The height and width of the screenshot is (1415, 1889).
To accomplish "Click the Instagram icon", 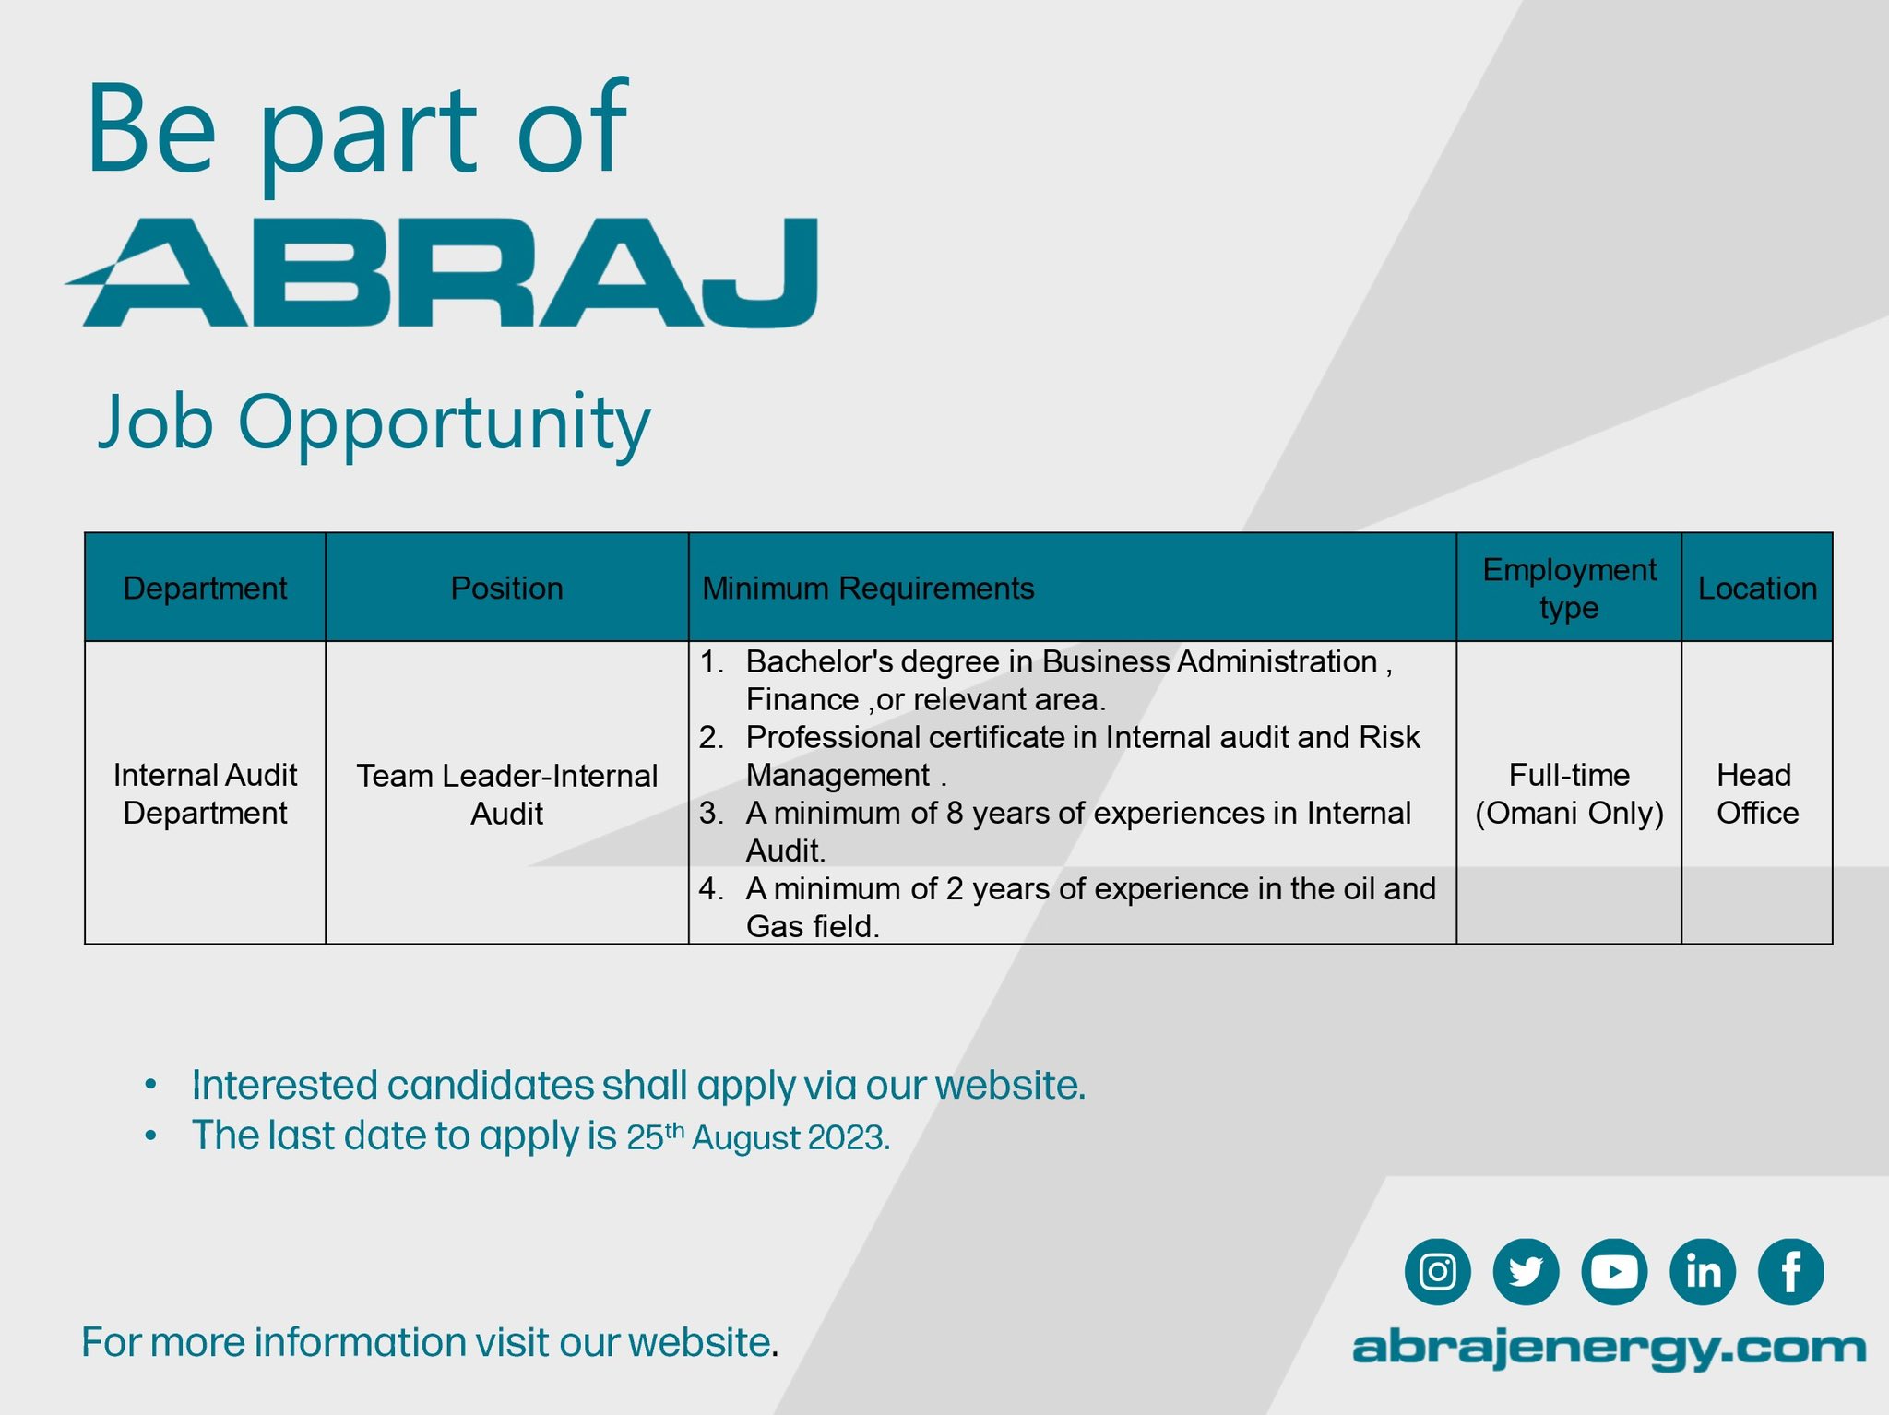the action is tap(1437, 1271).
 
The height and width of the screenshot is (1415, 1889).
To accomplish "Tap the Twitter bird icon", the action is tap(1526, 1271).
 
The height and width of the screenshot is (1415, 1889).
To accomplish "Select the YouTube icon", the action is tap(1614, 1271).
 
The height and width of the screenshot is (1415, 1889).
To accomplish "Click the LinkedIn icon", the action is tap(1703, 1271).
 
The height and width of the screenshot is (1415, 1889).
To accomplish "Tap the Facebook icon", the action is tap(1791, 1271).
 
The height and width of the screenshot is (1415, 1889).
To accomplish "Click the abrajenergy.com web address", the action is tap(1609, 1349).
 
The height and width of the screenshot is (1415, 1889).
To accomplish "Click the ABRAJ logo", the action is tap(441, 272).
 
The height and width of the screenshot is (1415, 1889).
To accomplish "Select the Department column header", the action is tap(205, 588).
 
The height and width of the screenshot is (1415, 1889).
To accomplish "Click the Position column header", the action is tap(506, 588).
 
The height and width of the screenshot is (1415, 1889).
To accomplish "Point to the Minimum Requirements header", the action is tap(868, 589).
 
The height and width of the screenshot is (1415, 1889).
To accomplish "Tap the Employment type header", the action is tap(1569, 589).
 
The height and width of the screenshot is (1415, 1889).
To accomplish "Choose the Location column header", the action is tap(1757, 588).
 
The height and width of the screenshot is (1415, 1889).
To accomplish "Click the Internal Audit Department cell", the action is tap(205, 793).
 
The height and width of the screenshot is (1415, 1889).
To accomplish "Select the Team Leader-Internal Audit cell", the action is tap(506, 794).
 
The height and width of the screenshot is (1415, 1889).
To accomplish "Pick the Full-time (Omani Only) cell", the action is tap(1569, 793).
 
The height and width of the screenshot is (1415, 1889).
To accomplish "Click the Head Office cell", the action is tap(1757, 793).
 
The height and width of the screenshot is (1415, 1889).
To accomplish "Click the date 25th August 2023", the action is tap(758, 1136).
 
